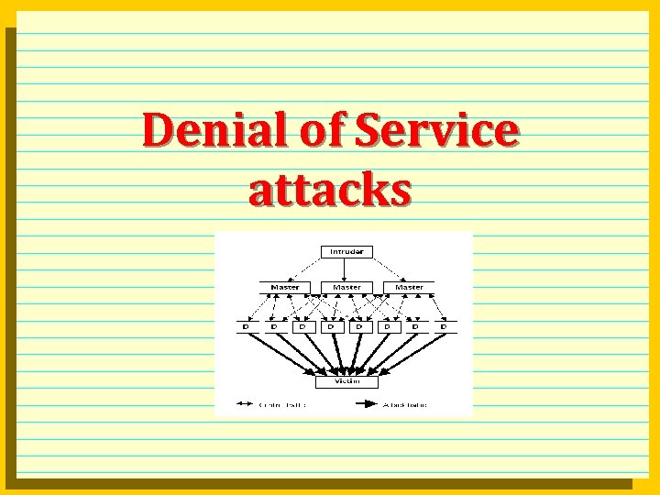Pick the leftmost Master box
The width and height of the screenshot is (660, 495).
point(284,288)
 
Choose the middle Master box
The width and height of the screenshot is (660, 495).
point(346,288)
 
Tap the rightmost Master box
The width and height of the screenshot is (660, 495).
point(409,288)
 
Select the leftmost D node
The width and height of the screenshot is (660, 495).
point(246,325)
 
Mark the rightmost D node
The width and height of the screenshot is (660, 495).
point(444,325)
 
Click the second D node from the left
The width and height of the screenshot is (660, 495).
point(274,325)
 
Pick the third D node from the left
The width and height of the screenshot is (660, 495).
point(302,325)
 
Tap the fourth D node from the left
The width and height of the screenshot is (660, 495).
point(331,325)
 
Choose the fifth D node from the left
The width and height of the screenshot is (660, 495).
point(359,325)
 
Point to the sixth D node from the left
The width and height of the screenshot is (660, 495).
point(388,325)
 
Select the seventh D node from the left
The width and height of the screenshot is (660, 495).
point(416,325)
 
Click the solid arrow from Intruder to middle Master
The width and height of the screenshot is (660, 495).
point(344,269)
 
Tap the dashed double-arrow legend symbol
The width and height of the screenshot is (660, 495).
point(246,403)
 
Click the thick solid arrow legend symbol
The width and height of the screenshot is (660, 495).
point(365,403)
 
